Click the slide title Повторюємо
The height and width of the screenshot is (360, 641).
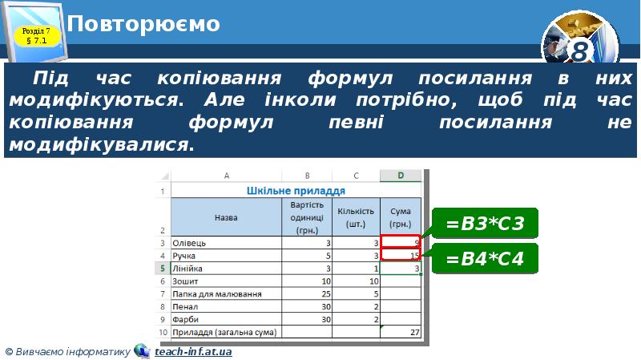point(144,24)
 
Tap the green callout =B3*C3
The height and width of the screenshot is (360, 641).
point(486,223)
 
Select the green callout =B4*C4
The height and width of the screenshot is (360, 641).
point(486,259)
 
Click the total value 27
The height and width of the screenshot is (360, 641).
point(414,331)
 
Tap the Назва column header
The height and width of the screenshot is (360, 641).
point(226,216)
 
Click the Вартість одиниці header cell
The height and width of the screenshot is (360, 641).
point(307,216)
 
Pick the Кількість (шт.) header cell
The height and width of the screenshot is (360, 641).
point(357,216)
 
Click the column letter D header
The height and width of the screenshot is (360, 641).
point(401,176)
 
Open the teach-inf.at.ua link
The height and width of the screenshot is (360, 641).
point(193,351)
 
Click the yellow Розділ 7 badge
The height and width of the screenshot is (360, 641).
point(36,34)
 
